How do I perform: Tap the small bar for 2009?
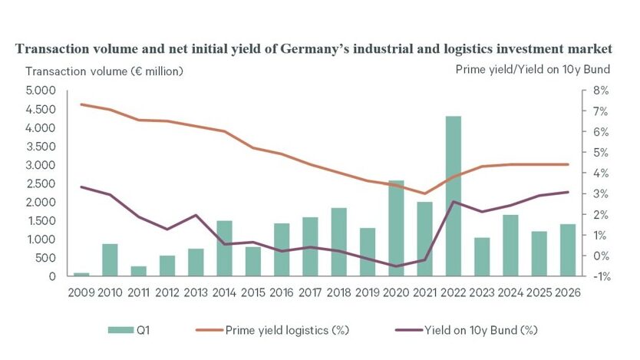point(81,274)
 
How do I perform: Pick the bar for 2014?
point(224,248)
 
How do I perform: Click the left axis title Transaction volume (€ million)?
point(104,71)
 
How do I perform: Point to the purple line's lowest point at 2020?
point(396,266)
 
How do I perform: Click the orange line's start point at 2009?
point(81,104)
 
